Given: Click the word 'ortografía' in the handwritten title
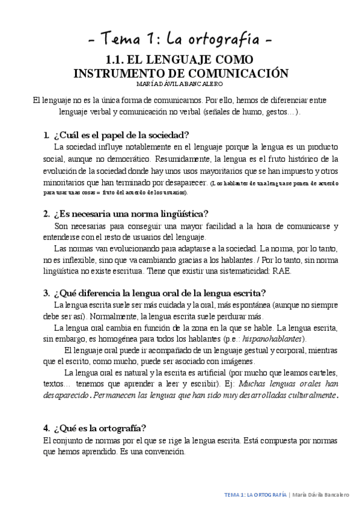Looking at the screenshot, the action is click(225, 40).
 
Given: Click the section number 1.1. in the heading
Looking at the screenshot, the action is click(115, 60).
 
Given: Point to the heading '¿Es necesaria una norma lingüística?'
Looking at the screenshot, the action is click(131, 214).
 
